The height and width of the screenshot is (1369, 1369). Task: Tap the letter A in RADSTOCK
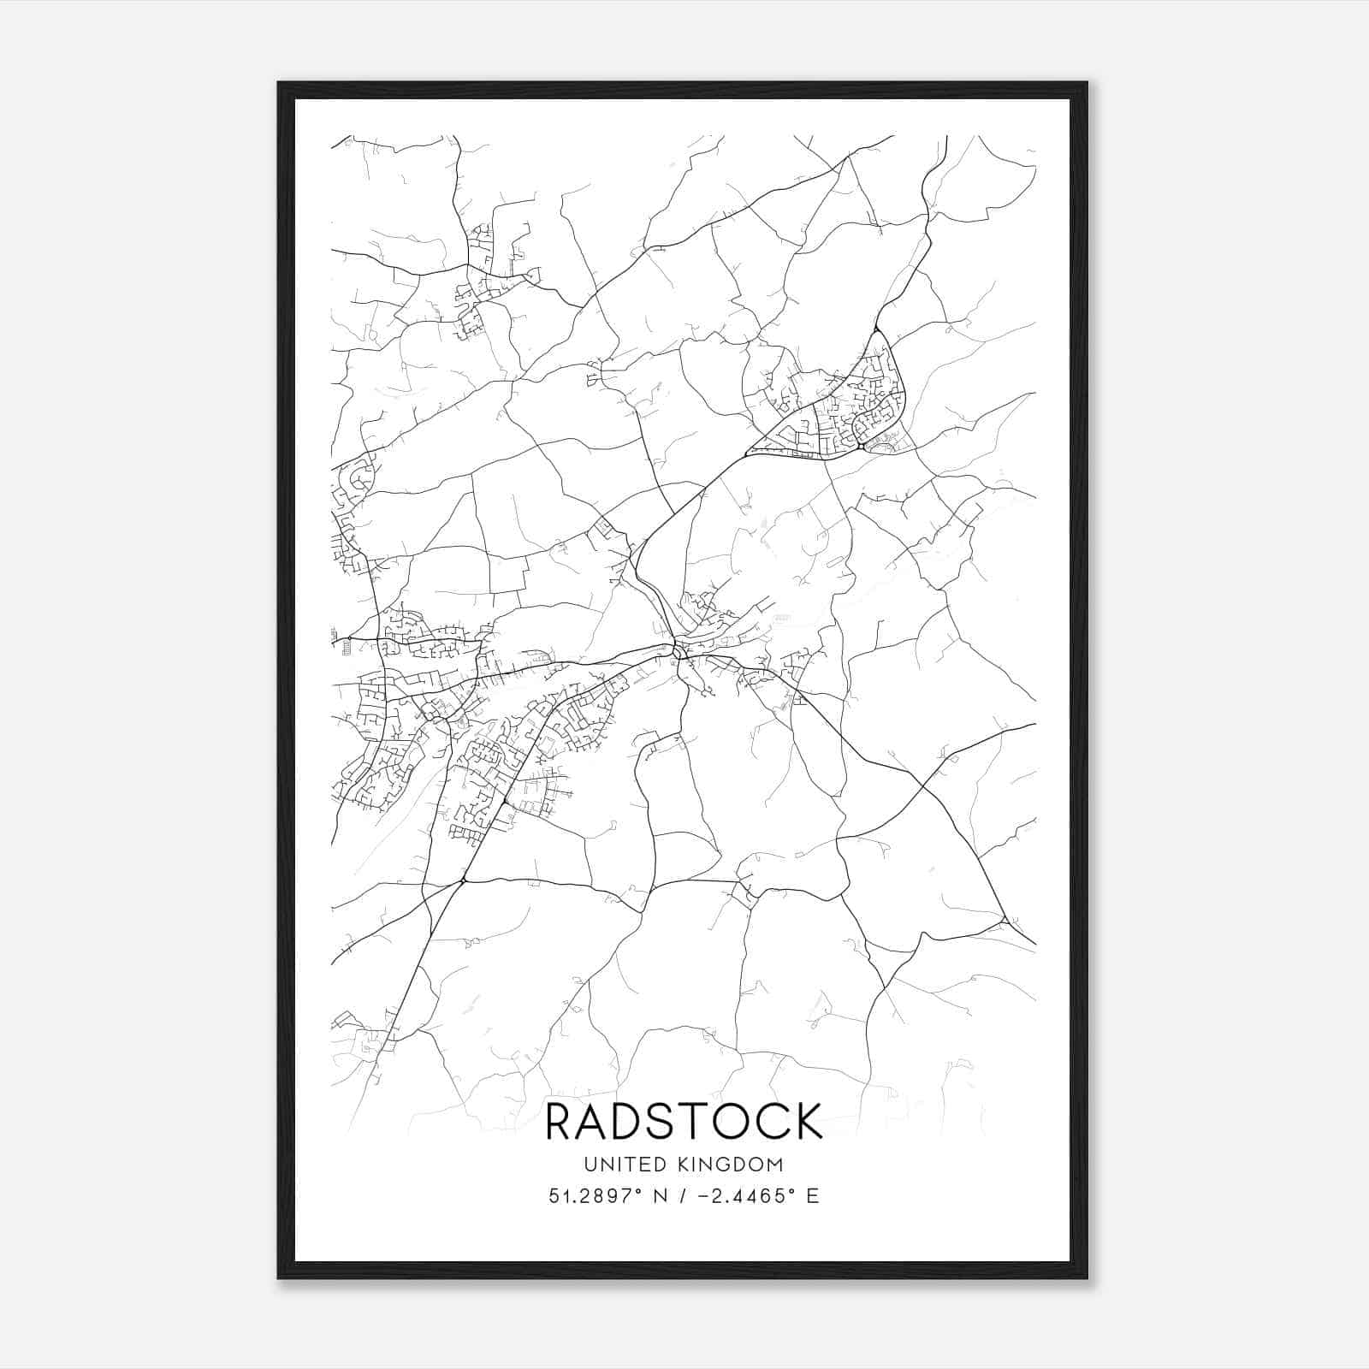(x=599, y=1121)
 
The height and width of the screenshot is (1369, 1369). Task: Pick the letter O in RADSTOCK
(x=750, y=1121)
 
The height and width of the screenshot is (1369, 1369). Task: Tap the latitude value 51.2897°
(x=596, y=1195)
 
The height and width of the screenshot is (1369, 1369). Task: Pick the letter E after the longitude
(x=812, y=1195)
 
